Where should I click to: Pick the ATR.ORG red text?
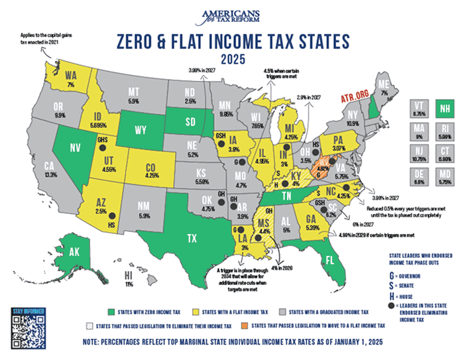tap(353, 97)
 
